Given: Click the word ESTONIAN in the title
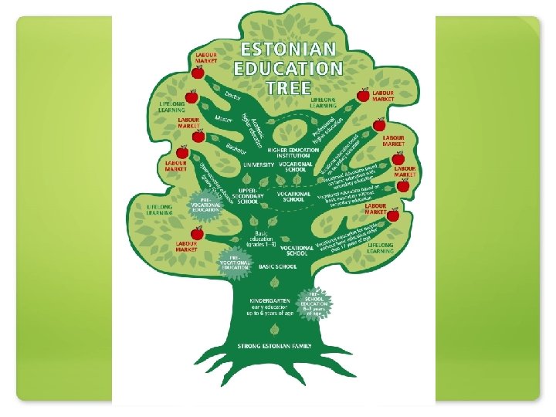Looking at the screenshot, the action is click(x=290, y=49).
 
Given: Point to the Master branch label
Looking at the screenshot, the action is click(x=224, y=120).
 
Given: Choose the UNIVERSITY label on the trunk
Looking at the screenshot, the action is click(x=257, y=164).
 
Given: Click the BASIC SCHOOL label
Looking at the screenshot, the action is click(x=277, y=266).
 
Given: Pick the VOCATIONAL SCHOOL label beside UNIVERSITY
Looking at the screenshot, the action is click(x=298, y=167).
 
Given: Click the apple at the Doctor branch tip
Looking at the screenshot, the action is click(x=198, y=72).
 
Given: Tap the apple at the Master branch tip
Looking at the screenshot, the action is click(x=191, y=97).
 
